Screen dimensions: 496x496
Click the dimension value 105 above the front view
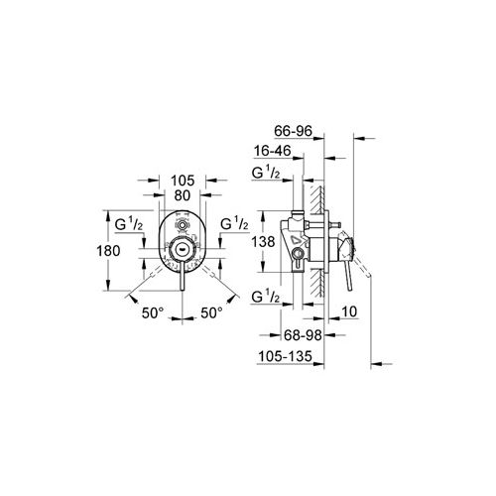[x=183, y=181]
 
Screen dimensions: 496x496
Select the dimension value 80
[x=183, y=195]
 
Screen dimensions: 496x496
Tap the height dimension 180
[x=108, y=251]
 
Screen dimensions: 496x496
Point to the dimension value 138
[x=263, y=242]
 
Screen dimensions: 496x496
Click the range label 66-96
[x=294, y=131]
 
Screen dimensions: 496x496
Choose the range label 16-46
[x=273, y=151]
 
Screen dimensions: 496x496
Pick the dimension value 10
[x=349, y=311]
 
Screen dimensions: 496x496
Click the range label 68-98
[x=303, y=335]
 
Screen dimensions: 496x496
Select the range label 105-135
[x=285, y=356]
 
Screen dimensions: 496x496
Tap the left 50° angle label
[x=153, y=312]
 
